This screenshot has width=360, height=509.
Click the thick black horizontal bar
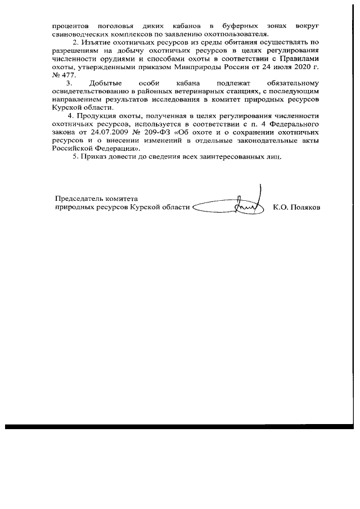(180, 427)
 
